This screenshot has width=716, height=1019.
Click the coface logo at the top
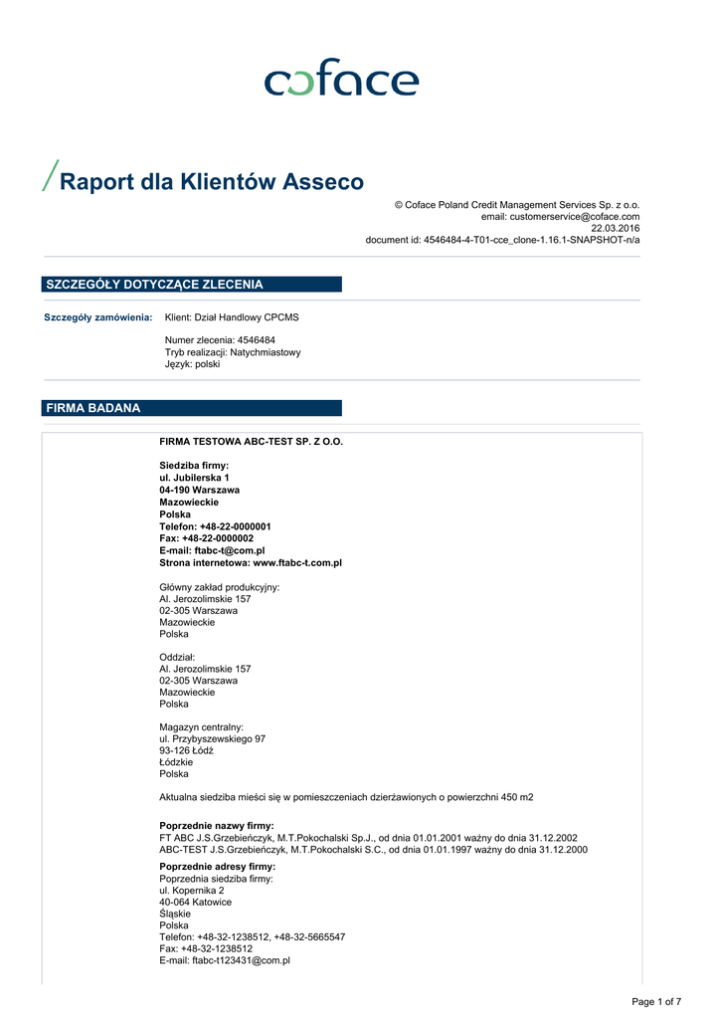click(x=341, y=79)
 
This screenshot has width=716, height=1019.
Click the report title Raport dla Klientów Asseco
click(x=212, y=182)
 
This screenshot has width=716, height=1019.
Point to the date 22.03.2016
click(x=616, y=228)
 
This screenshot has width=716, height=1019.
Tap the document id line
click(x=502, y=240)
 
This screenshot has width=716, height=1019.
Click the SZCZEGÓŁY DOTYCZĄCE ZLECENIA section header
click(x=154, y=285)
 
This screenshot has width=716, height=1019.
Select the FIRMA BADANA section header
click(x=93, y=408)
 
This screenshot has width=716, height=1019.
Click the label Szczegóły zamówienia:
click(x=98, y=317)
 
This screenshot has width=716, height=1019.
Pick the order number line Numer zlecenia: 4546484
click(x=220, y=340)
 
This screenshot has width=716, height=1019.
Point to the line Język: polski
click(x=192, y=364)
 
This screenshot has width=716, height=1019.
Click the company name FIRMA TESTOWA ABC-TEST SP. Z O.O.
click(x=251, y=441)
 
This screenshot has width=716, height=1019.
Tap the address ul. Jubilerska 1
click(x=194, y=478)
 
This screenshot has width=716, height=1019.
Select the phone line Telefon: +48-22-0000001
click(x=215, y=526)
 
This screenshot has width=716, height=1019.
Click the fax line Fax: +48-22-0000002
click(x=206, y=538)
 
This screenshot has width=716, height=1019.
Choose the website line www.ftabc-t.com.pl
click(x=251, y=562)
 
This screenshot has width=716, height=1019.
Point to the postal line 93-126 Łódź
click(x=186, y=750)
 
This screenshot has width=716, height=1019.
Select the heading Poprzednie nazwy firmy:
click(x=217, y=826)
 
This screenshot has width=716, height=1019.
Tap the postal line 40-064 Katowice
click(x=195, y=902)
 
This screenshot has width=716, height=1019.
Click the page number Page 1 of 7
click(x=656, y=1001)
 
